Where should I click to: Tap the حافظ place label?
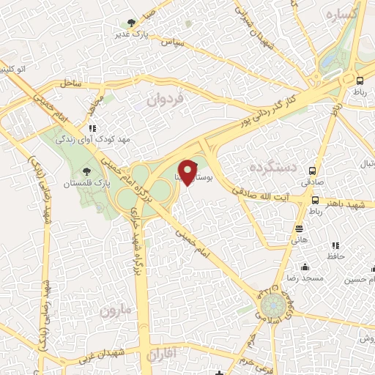pyautogui.click(x=335, y=256)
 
